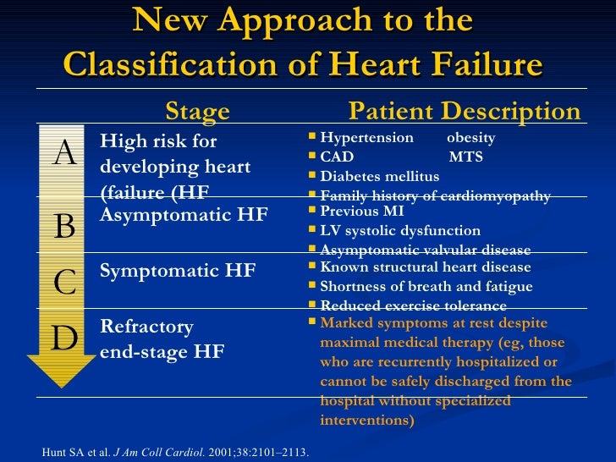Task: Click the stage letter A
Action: click(x=65, y=154)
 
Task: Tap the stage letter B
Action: click(x=65, y=226)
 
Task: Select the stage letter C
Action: click(x=65, y=283)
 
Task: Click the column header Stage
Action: click(x=197, y=112)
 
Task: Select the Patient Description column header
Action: click(x=465, y=112)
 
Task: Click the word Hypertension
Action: click(x=367, y=138)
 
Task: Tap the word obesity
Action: click(x=470, y=138)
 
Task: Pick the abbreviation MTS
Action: click(x=466, y=157)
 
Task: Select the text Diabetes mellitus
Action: click(x=380, y=177)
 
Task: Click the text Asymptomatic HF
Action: click(x=184, y=215)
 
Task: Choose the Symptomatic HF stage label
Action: click(x=178, y=271)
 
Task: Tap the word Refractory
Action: click(x=146, y=327)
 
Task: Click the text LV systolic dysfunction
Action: click(x=400, y=230)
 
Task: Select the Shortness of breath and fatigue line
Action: click(x=426, y=286)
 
